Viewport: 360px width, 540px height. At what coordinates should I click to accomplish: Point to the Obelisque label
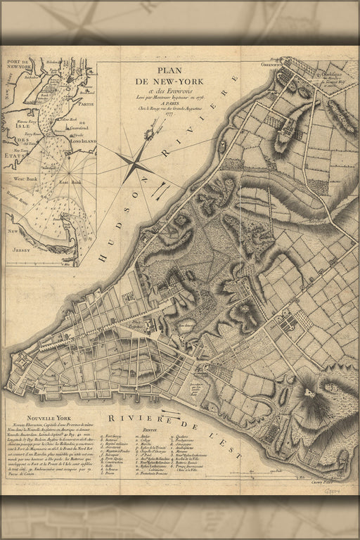(x=324, y=72)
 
